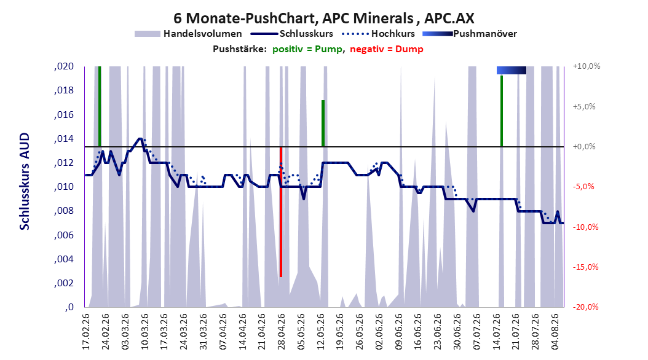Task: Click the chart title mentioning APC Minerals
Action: pyautogui.click(x=323, y=18)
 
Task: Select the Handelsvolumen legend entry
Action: pyautogui.click(x=189, y=34)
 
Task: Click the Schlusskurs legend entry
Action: pyautogui.click(x=292, y=34)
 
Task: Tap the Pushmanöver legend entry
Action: pyautogui.click(x=470, y=34)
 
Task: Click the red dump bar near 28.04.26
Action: pyautogui.click(x=281, y=212)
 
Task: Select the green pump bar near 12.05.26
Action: pyautogui.click(x=323, y=123)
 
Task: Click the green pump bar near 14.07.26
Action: pyautogui.click(x=502, y=111)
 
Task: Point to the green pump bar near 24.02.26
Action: pyautogui.click(x=100, y=106)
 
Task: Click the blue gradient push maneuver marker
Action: pyautogui.click(x=512, y=70)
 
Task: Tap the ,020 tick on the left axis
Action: pyautogui.click(x=64, y=66)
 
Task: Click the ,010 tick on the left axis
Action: pyautogui.click(x=64, y=187)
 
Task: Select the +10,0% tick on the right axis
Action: pyautogui.click(x=587, y=66)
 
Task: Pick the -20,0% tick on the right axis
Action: pyautogui.click(x=585, y=307)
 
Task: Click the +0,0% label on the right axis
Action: pyautogui.click(x=584, y=147)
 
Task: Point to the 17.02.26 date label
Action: pyautogui.click(x=86, y=332)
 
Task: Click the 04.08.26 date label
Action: pyautogui.click(x=555, y=332)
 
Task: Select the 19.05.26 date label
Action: pyautogui.click(x=340, y=332)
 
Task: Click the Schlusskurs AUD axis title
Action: pyautogui.click(x=25, y=181)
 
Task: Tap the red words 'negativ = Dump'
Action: pyautogui.click(x=387, y=49)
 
